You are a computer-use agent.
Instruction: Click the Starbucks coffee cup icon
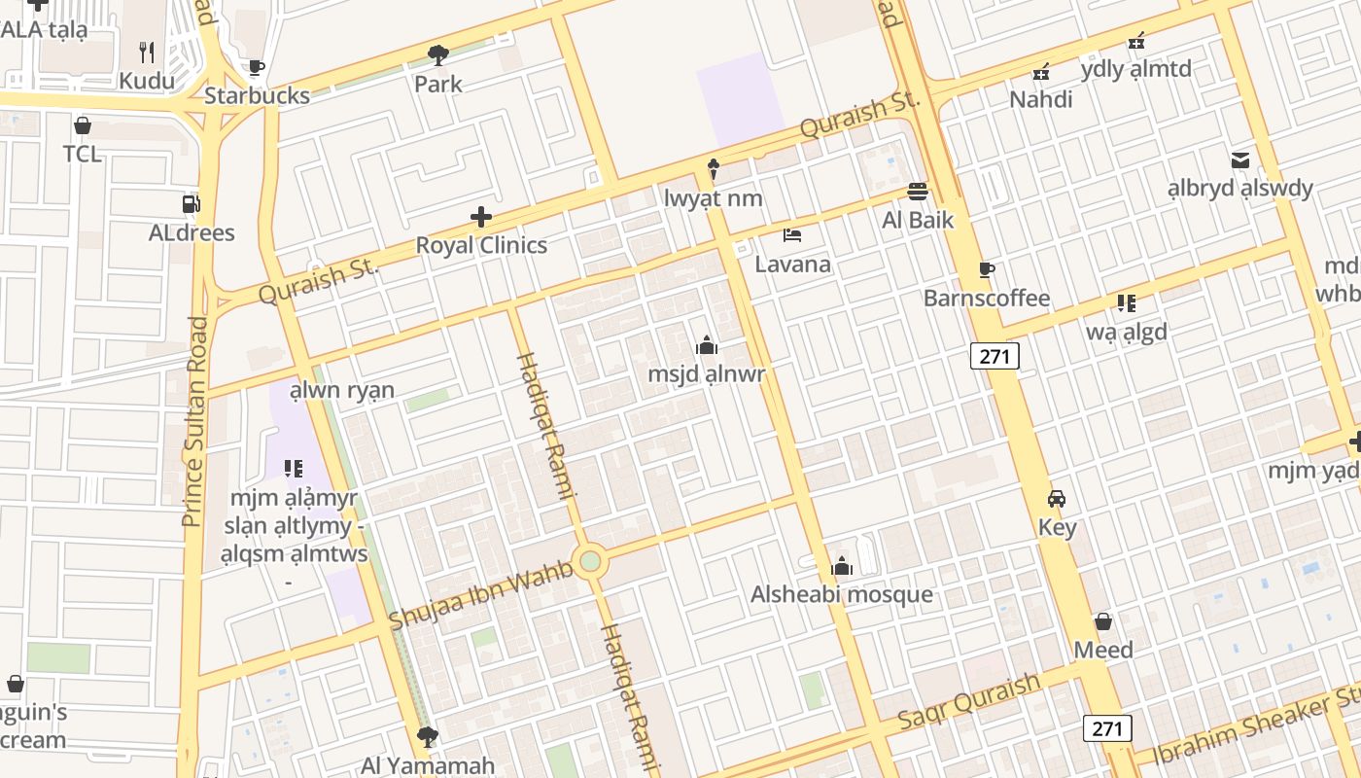click(x=256, y=67)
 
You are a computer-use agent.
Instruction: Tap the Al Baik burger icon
click(x=918, y=191)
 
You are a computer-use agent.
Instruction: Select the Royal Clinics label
click(x=481, y=245)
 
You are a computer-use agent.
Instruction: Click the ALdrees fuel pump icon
click(x=192, y=204)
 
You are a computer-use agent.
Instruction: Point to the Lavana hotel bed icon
click(x=792, y=235)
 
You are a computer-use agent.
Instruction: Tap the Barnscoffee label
click(x=987, y=298)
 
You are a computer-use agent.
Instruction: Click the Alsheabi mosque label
click(x=842, y=594)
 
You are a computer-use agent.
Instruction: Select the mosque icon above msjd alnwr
click(x=707, y=345)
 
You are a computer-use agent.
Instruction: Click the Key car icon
click(x=1057, y=499)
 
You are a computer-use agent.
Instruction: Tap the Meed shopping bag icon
click(x=1103, y=620)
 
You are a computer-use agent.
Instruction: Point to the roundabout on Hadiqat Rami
click(x=590, y=561)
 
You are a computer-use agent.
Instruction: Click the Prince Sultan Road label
click(x=194, y=421)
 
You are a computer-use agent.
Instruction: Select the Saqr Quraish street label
click(x=968, y=703)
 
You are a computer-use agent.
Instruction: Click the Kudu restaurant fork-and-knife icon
click(x=147, y=52)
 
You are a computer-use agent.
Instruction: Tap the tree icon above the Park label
click(x=438, y=54)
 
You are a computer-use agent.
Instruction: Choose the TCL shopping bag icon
click(x=83, y=125)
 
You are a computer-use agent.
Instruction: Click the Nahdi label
click(x=1041, y=99)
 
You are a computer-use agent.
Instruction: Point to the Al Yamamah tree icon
click(x=426, y=737)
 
